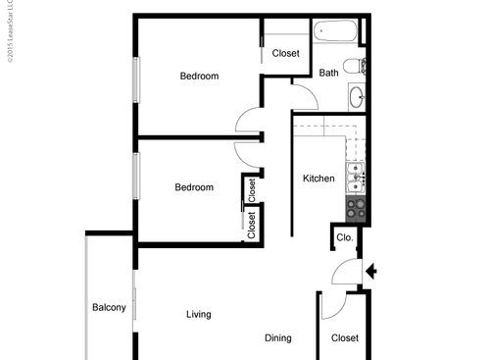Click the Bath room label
pyautogui.click(x=328, y=73)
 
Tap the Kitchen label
pyautogui.click(x=318, y=179)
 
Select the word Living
pyautogui.click(x=199, y=315)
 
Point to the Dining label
pyautogui.click(x=277, y=338)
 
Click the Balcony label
pyautogui.click(x=109, y=308)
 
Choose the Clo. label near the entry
pyautogui.click(x=344, y=237)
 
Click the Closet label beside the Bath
pyautogui.click(x=285, y=53)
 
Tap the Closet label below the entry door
pyautogui.click(x=345, y=338)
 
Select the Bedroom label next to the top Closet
pyautogui.click(x=199, y=76)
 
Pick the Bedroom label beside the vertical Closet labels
pyautogui.click(x=194, y=187)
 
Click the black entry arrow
pyautogui.click(x=370, y=271)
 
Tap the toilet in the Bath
pyautogui.click(x=361, y=67)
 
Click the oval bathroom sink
pyautogui.click(x=357, y=97)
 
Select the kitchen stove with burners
pyautogui.click(x=355, y=208)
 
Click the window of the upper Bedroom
pyautogui.click(x=136, y=77)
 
